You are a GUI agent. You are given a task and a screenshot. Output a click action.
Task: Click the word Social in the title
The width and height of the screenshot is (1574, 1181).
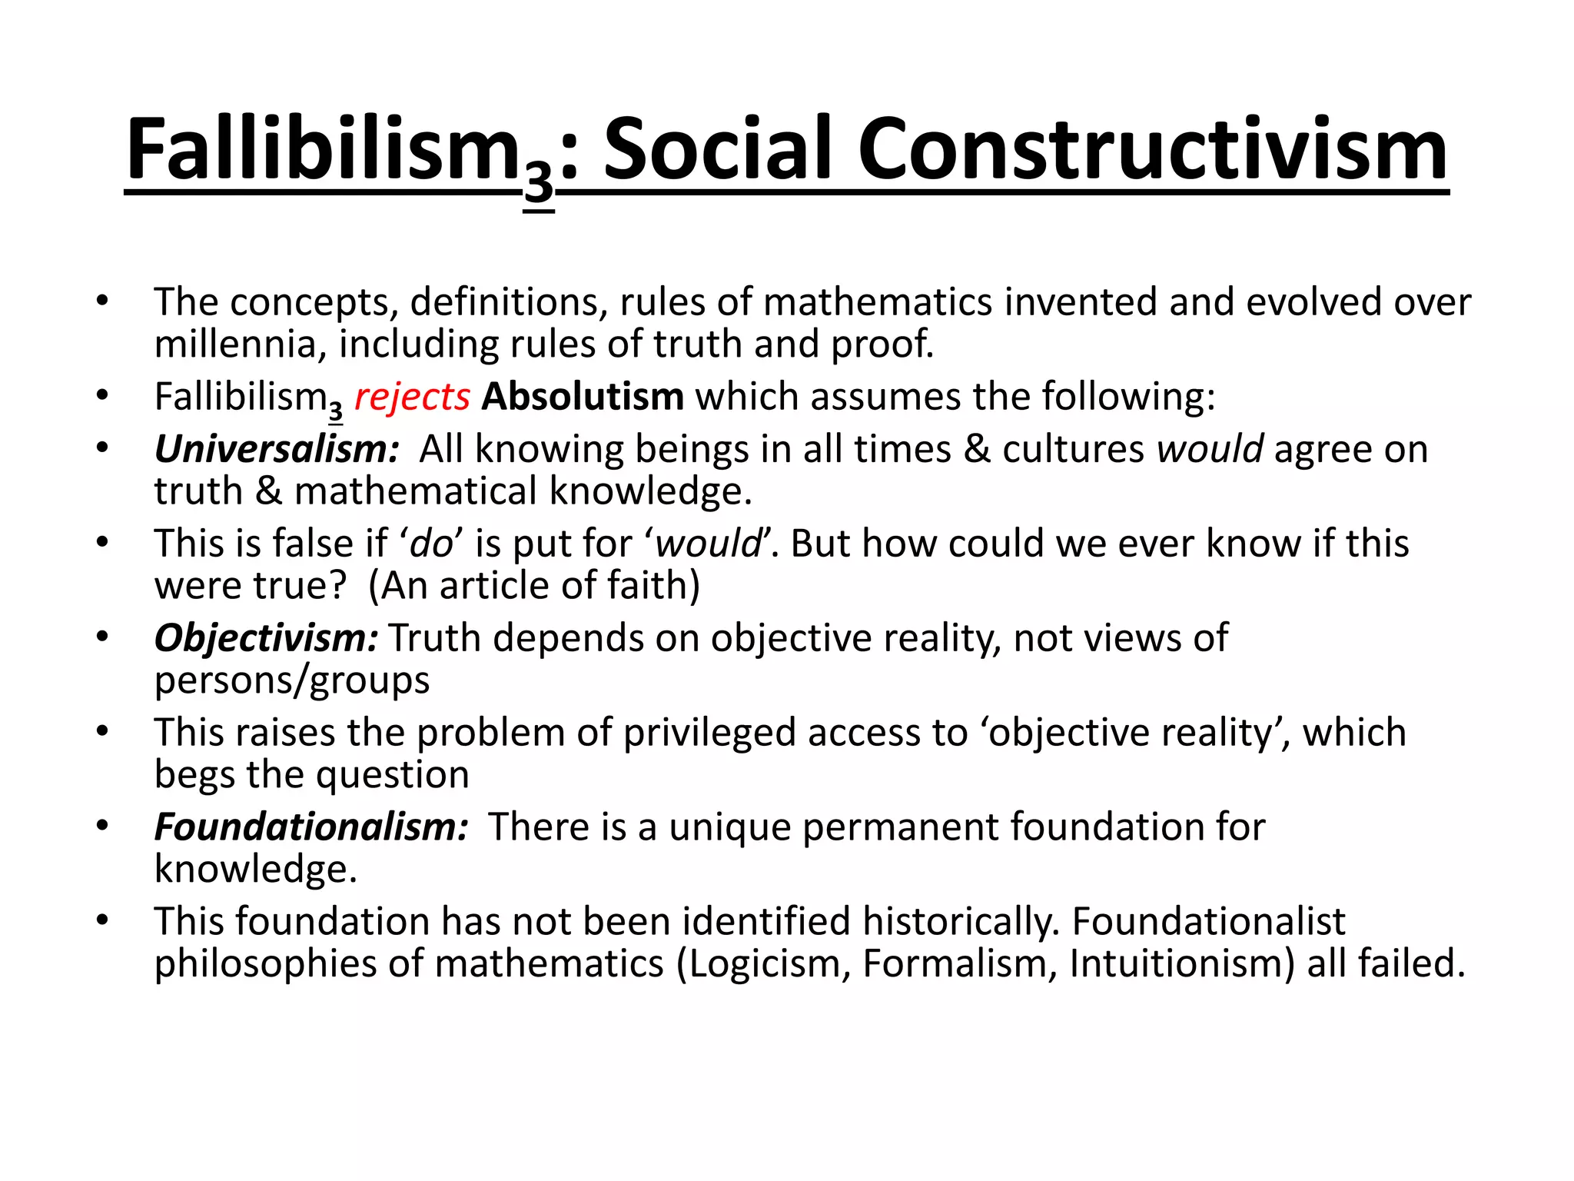(x=717, y=150)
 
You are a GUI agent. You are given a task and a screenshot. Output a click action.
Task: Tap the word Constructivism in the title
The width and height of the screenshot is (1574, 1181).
(x=1152, y=150)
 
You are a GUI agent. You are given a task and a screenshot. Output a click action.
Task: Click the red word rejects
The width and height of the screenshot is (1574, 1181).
(x=412, y=398)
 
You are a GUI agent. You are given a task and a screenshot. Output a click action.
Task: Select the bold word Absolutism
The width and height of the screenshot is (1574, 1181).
(x=583, y=398)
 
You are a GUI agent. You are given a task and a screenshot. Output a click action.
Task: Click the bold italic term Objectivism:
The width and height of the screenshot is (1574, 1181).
(x=266, y=639)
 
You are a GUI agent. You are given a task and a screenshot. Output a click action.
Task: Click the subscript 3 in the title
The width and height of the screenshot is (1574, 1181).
(x=538, y=188)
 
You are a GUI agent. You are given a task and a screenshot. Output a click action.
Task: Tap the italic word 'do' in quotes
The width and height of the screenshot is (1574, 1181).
(x=432, y=544)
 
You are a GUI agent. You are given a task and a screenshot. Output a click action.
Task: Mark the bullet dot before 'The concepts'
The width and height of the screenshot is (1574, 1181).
(x=103, y=301)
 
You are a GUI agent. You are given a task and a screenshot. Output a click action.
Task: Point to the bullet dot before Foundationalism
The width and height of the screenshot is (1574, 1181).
(x=103, y=827)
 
